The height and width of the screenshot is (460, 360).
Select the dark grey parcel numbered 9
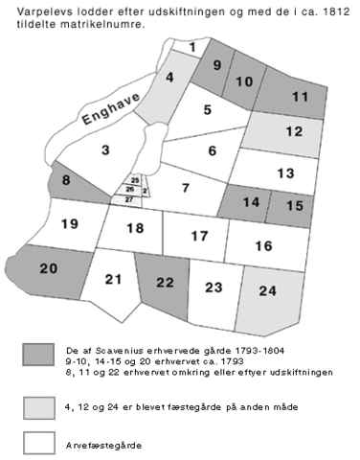216,66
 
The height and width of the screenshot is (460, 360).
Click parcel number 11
300,96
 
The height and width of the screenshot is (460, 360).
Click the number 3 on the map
106,149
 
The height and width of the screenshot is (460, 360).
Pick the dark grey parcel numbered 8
66,179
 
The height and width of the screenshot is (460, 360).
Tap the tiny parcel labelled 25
135,180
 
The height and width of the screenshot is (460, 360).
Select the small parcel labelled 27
129,198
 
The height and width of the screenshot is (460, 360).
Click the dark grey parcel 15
294,204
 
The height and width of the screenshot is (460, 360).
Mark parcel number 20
49,268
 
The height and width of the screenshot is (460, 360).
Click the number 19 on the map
68,224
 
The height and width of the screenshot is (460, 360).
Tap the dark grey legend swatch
39,354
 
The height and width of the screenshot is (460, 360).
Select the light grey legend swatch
39,407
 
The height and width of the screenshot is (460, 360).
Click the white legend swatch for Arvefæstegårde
39,443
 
